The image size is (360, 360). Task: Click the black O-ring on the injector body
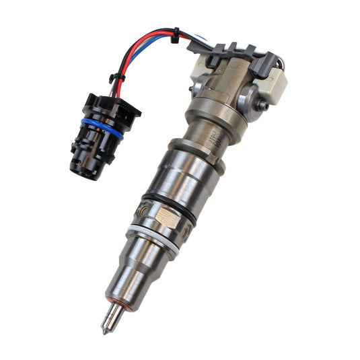point(169,209)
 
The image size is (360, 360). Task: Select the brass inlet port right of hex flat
point(184,234)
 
